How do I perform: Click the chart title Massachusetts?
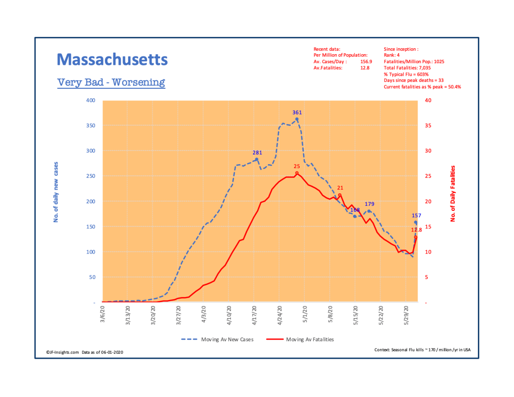click(x=112, y=60)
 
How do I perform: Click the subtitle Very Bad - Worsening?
click(x=111, y=82)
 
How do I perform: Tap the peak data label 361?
click(x=297, y=112)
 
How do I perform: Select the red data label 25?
click(x=297, y=166)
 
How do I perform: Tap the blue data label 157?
click(x=416, y=215)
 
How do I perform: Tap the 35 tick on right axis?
click(x=427, y=125)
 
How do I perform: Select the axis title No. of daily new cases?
click(x=56, y=193)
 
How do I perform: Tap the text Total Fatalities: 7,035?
click(x=407, y=67)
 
